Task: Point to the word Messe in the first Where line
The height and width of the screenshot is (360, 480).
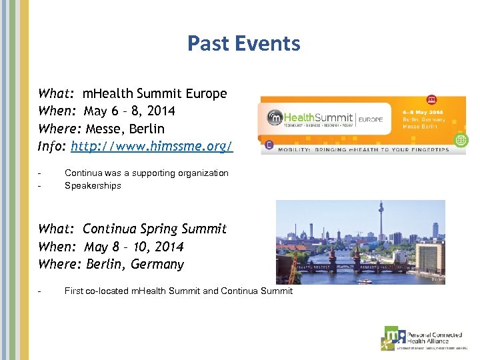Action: click(x=109, y=128)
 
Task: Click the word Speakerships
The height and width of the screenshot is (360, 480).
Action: click(x=93, y=186)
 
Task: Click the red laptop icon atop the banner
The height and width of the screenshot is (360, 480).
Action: click(x=431, y=99)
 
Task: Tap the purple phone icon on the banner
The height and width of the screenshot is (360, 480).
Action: click(x=268, y=144)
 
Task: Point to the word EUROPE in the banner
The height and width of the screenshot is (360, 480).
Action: click(x=371, y=119)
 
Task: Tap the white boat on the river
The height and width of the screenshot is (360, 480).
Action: click(x=364, y=281)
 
